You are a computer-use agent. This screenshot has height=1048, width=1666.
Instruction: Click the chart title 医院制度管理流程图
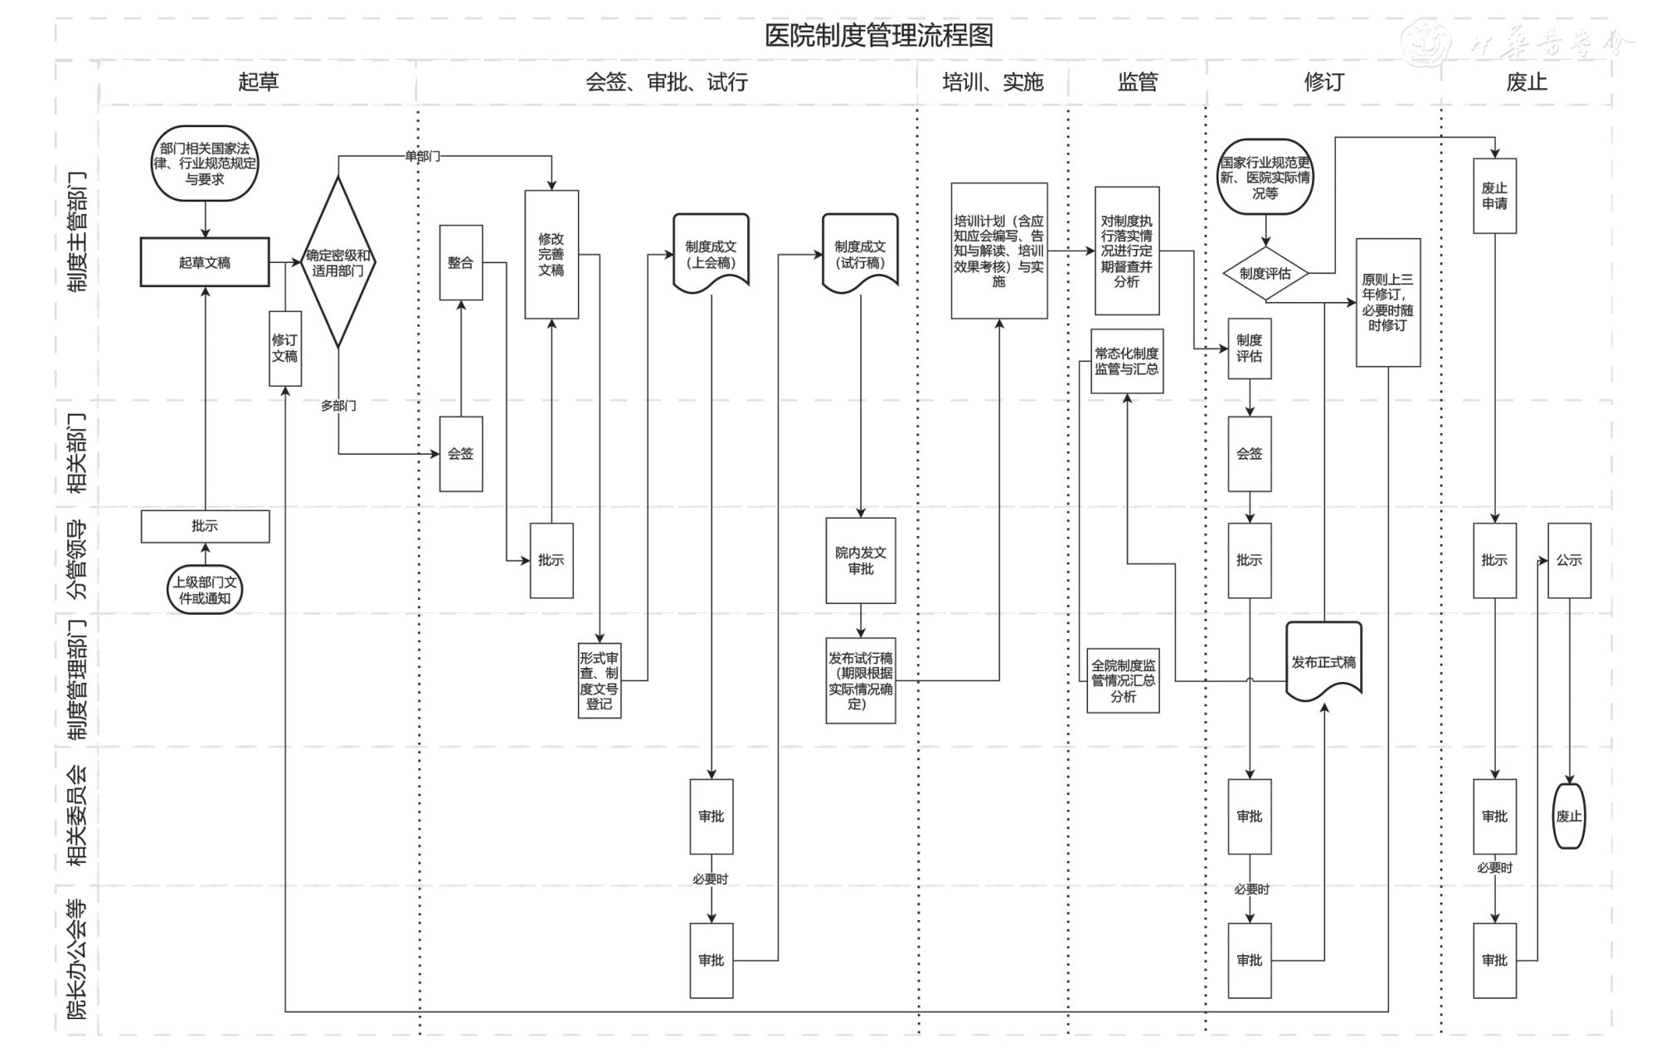pos(878,36)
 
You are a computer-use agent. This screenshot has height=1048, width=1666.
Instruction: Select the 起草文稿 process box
pos(205,262)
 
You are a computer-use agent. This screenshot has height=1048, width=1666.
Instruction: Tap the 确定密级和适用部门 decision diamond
pos(338,263)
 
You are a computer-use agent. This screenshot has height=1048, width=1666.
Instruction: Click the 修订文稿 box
pos(284,349)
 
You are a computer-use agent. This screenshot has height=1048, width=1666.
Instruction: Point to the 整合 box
pos(461,262)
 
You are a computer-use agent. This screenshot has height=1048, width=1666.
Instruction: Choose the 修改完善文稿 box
pos(551,254)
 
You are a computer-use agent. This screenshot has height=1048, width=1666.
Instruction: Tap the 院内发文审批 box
pos(861,561)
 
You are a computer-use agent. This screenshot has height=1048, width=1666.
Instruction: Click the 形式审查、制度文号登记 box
pos(600,680)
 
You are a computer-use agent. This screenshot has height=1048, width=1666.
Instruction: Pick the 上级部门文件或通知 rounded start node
pos(205,590)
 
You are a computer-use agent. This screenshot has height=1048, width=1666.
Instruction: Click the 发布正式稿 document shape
pos(1324,662)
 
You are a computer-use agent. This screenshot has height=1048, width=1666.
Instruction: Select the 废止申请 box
pos(1494,196)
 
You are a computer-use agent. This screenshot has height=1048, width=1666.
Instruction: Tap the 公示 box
pos(1569,560)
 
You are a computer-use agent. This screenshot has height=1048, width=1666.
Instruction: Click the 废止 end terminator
pos(1568,816)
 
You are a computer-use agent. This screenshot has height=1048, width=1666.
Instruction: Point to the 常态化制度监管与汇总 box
pos(1127,361)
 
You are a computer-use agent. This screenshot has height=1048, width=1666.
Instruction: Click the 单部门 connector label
pos(422,156)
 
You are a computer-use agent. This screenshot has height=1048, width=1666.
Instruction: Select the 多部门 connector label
pos(338,406)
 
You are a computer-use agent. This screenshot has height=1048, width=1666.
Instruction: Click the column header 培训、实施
pos(993,82)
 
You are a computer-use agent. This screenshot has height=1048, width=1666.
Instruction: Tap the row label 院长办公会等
pos(77,958)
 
